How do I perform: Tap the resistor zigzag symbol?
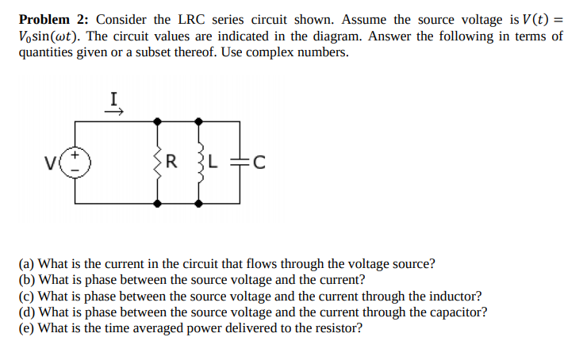pyautogui.click(x=160, y=163)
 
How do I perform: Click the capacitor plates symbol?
pyautogui.click(x=239, y=163)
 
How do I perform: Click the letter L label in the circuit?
pyautogui.click(x=214, y=163)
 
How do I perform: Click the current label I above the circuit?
pyautogui.click(x=115, y=99)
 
